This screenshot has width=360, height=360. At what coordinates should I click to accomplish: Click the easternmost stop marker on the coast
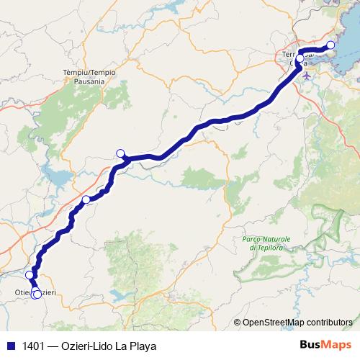330,46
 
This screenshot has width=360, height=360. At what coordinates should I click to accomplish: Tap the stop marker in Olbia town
300,59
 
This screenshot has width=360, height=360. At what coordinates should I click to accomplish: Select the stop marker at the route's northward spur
121,153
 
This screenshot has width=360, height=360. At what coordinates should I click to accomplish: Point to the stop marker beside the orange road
86,199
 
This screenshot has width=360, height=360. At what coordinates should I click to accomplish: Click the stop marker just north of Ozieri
30,274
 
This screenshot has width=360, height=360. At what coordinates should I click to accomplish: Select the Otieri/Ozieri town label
35,292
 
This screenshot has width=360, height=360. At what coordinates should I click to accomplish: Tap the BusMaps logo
327,345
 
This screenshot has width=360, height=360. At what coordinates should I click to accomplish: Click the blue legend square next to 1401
11,346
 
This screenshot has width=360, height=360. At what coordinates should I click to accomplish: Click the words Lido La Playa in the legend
129,346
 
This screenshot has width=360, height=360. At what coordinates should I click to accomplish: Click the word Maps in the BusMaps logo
336,345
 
